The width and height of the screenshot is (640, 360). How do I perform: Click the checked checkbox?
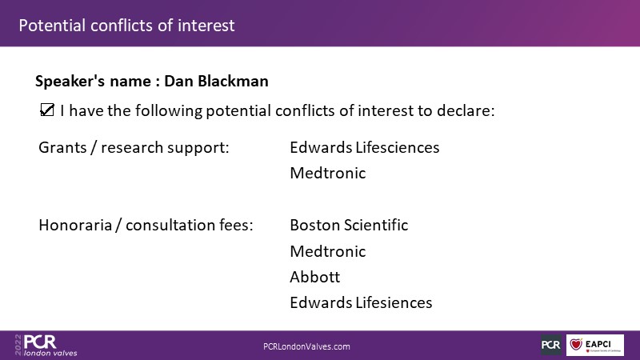tap(47, 110)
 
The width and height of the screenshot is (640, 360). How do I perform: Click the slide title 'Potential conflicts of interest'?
tap(126, 26)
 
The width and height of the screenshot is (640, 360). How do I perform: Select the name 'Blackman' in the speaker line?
tap(233, 81)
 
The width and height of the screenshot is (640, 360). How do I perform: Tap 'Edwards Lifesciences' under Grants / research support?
tap(365, 147)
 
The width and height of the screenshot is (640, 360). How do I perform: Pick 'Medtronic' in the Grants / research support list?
tap(328, 173)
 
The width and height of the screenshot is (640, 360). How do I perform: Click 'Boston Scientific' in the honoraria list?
tap(349, 225)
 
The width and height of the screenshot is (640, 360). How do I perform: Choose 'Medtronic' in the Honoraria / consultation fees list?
tap(328, 251)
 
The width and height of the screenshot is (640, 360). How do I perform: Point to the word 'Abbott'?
tap(314, 277)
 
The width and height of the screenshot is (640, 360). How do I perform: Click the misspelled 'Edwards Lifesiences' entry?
tap(361, 303)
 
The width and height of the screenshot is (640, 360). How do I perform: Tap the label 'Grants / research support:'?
tap(134, 148)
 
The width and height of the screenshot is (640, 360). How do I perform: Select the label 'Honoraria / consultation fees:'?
tap(146, 226)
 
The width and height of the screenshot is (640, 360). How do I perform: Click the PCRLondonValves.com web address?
tap(306, 346)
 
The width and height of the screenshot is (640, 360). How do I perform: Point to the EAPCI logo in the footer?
tap(595, 345)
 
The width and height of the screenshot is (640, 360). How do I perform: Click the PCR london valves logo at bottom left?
tap(46, 346)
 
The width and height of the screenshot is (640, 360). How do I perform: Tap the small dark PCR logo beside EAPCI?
tap(551, 345)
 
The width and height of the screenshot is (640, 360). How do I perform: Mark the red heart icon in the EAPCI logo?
tap(576, 345)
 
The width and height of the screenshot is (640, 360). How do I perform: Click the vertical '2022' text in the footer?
tap(18, 345)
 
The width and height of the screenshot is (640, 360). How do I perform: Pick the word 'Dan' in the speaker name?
tap(178, 81)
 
